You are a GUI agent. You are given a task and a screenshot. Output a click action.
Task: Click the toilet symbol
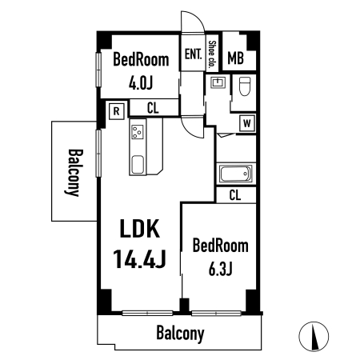point(245,86)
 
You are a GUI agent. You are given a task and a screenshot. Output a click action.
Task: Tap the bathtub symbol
point(236,174)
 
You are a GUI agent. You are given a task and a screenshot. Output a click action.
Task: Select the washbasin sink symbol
point(218,82)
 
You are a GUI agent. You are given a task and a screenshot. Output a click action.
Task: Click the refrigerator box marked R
point(117,111)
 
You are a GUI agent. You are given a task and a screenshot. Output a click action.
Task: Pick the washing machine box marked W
point(247,123)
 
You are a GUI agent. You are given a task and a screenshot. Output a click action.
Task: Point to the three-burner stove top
point(138,132)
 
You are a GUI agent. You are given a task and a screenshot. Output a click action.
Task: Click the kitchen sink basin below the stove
point(138,165)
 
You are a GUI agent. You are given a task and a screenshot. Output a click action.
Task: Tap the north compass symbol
point(314,336)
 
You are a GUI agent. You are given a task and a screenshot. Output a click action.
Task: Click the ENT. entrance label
point(193,54)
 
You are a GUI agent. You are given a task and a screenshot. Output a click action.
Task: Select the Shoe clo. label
point(212,54)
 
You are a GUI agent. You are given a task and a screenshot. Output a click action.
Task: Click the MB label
point(235,58)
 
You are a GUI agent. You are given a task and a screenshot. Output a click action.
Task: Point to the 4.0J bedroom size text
point(141,83)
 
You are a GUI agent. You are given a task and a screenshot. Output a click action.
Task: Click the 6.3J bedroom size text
point(220,269)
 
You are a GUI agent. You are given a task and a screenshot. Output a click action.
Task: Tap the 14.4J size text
point(140,258)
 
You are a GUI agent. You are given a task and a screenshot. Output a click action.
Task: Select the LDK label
point(140,228)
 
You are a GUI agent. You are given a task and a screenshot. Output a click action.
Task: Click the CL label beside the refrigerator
point(153,108)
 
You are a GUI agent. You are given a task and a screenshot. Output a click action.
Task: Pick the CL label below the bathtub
point(235,195)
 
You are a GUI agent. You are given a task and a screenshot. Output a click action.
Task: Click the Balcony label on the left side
point(74,172)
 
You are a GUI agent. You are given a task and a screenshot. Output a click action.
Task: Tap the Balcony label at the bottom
point(180,334)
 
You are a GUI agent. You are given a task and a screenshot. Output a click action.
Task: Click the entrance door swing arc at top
point(198,18)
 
